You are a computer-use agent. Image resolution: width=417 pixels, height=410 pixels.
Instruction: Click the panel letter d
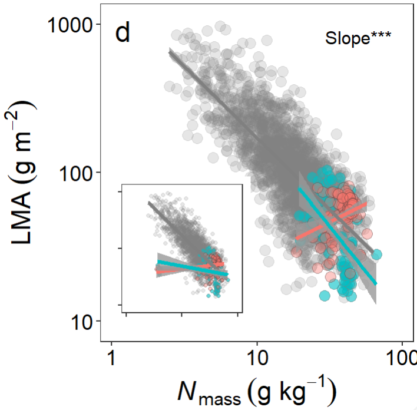(x=122, y=34)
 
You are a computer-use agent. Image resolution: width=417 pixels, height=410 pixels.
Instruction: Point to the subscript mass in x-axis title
(x=219, y=399)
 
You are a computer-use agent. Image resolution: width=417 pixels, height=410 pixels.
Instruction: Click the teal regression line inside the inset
(x=177, y=266)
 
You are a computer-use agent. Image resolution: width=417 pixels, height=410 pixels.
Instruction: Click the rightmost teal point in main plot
(x=377, y=254)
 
